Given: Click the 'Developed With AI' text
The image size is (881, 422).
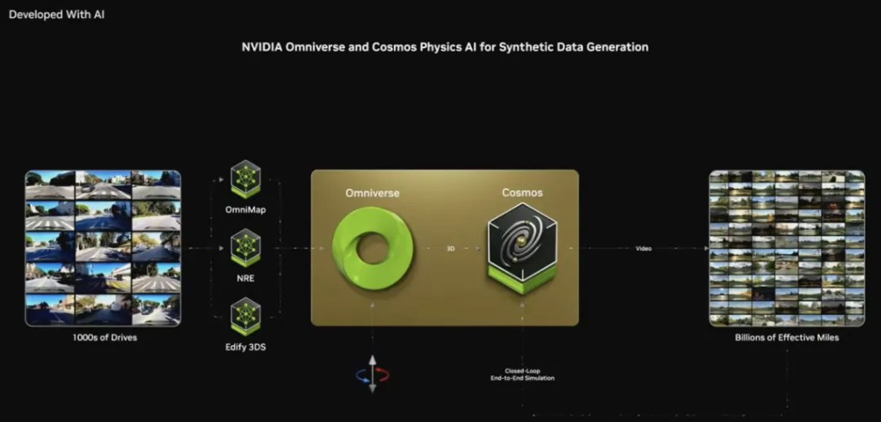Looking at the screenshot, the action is click(57, 15).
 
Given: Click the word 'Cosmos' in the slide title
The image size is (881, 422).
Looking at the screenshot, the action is click(394, 47).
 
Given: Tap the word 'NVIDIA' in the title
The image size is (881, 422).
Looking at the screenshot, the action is click(262, 47).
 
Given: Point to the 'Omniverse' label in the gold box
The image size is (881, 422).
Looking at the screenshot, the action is click(373, 193).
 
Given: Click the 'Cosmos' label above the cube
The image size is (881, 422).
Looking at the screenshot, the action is click(522, 192).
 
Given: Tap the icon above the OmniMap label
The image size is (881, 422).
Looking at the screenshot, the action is click(245, 179).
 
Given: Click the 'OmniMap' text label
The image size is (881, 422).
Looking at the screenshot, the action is click(245, 210).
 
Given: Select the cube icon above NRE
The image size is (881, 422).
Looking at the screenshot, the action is click(245, 248).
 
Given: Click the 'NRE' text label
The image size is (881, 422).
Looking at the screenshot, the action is click(245, 278).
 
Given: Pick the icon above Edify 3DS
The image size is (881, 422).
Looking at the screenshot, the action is click(245, 317).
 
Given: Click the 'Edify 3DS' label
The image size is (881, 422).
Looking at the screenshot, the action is click(245, 347).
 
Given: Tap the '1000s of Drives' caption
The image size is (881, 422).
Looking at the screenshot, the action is click(104, 338).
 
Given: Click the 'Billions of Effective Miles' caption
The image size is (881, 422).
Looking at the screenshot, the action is click(786, 338).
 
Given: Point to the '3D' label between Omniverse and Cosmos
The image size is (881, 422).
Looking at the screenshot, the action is click(451, 248).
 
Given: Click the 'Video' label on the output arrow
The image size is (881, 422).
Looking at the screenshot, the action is click(644, 248).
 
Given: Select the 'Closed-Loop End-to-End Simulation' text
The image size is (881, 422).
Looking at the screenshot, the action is click(522, 375).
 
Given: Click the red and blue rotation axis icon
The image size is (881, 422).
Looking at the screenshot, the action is click(372, 374).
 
